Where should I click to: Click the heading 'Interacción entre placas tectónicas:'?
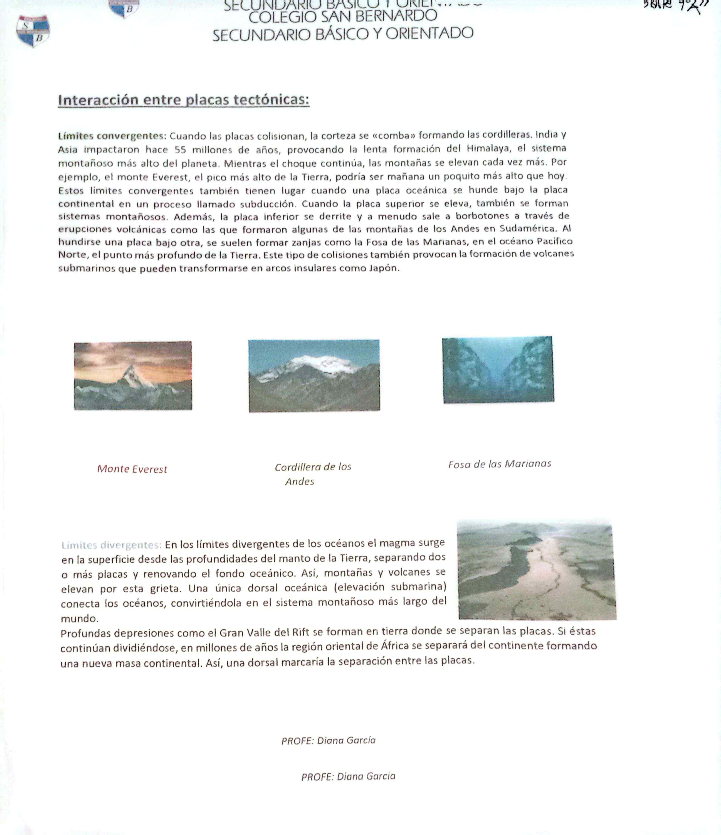(x=184, y=100)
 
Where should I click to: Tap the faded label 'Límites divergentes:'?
(x=111, y=545)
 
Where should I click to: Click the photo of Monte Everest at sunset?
(x=133, y=375)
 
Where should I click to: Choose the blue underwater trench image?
(x=498, y=370)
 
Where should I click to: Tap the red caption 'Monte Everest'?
(x=132, y=469)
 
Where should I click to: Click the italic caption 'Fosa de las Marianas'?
(x=500, y=464)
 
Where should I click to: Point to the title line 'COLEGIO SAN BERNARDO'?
(x=343, y=16)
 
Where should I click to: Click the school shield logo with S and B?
(x=33, y=31)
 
